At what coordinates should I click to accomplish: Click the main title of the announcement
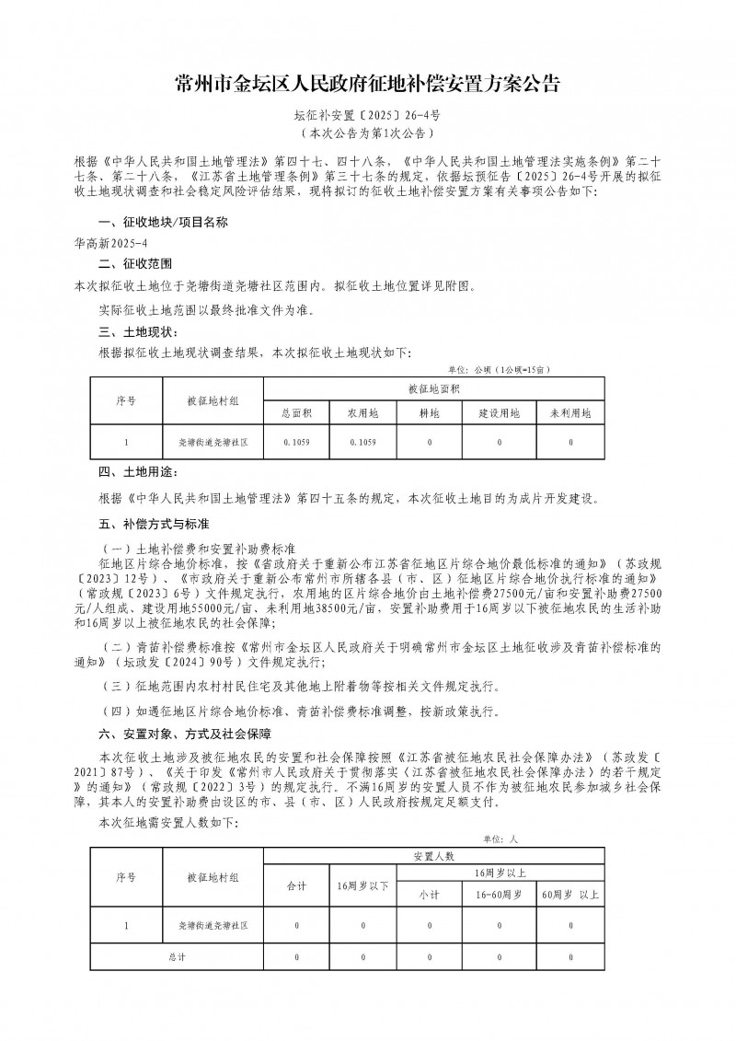coord(367,85)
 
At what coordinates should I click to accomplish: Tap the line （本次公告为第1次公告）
coord(367,133)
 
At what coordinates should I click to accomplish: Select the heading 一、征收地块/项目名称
coord(163,223)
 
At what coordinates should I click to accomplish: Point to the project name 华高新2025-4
coord(103,245)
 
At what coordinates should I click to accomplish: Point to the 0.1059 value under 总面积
coord(296,443)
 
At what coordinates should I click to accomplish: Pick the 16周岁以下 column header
coord(363,885)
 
